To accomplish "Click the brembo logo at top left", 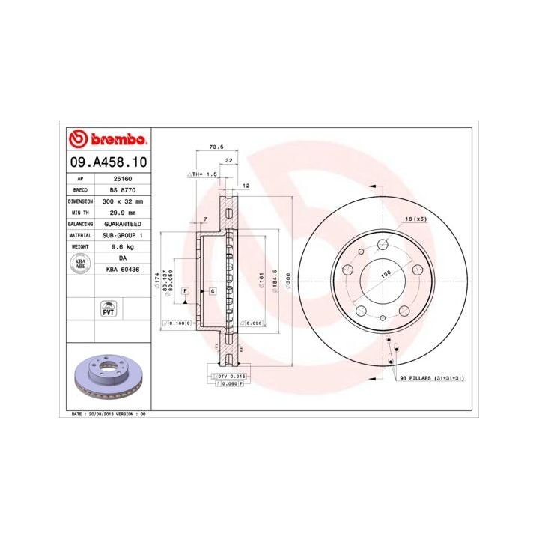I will click(106, 139).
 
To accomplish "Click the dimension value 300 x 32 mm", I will click(122, 201).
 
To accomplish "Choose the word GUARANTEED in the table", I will click(122, 224).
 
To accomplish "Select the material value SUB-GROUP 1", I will click(122, 235).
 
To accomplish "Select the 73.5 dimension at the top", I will click(216, 147).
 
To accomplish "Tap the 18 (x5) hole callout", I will click(415, 219).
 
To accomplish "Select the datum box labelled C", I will click(213, 290).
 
